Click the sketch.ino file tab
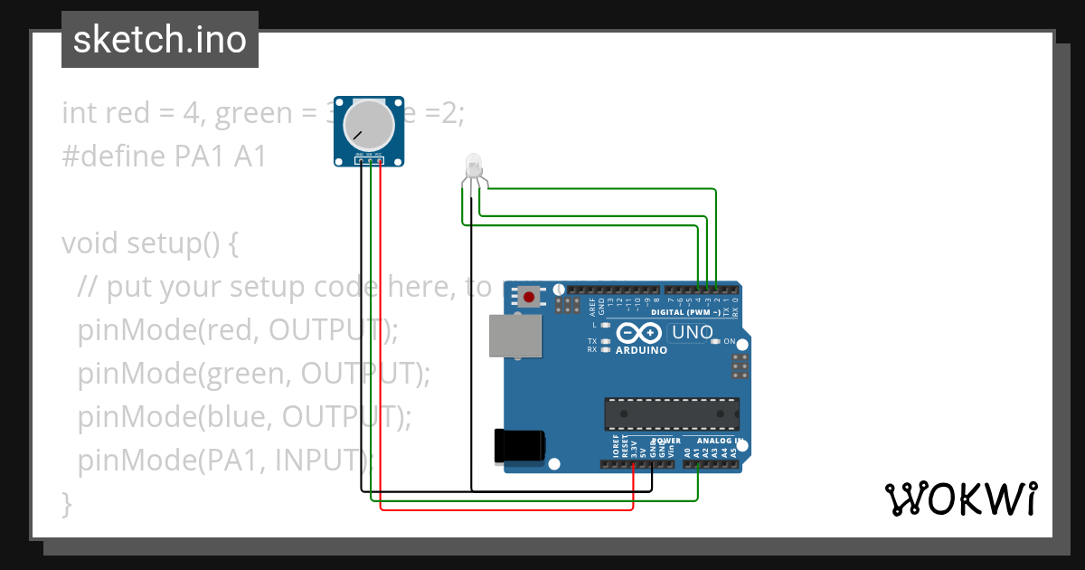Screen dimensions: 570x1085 (160, 40)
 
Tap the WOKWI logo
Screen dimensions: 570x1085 (959, 499)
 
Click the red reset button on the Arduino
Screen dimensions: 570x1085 (528, 296)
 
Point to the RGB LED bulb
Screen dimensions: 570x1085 (474, 166)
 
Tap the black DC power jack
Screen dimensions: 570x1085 (519, 447)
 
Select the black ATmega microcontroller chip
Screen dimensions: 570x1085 (671, 413)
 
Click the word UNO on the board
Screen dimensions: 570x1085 (693, 332)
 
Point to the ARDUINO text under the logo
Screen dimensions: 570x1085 (641, 350)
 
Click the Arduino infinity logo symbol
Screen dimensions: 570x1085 (640, 333)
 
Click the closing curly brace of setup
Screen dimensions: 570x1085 (66, 502)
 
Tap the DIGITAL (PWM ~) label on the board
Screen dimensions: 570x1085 (693, 312)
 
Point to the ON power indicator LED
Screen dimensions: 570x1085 (716, 341)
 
